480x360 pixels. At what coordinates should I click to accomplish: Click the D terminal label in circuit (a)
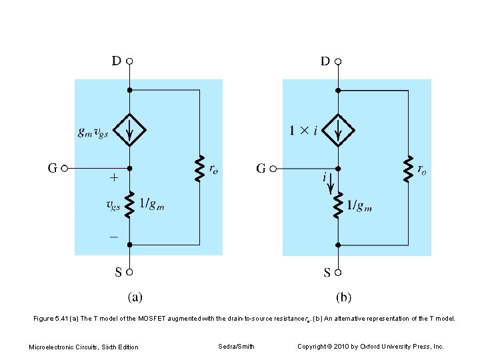point(116,61)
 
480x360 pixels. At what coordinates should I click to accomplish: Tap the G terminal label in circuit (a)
point(51,169)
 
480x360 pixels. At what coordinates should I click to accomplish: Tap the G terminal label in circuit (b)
point(261,169)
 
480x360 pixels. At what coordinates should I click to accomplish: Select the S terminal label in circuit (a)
point(118,272)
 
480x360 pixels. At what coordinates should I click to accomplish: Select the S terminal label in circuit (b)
point(327,272)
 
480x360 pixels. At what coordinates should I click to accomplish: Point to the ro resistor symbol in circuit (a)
point(199,169)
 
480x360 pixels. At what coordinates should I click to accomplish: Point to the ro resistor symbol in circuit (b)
point(407,169)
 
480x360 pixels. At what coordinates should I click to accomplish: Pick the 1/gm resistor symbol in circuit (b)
point(338,206)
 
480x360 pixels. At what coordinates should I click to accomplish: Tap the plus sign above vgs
point(113,179)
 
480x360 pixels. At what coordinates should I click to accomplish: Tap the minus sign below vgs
point(113,235)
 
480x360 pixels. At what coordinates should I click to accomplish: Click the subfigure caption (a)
point(134,297)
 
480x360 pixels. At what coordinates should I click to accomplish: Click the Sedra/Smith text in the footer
point(236,346)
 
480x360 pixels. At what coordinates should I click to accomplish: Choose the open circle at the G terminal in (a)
point(65,169)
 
